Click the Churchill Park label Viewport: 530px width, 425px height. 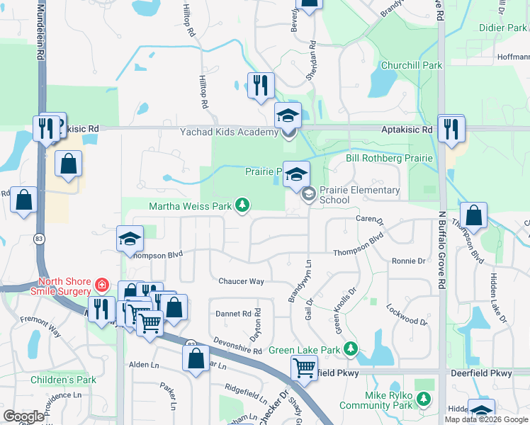411,65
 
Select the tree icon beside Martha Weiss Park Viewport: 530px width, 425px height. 242,205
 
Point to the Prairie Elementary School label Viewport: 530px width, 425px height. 354,195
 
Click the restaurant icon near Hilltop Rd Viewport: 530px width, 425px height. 260,86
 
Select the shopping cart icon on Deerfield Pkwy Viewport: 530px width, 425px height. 304,367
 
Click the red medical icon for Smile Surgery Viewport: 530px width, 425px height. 102,285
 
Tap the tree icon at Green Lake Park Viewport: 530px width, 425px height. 350,348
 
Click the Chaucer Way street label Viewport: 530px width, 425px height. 241,281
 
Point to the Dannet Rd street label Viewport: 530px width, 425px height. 232,313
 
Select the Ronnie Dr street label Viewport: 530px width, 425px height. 408,261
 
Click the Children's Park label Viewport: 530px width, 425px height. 63,380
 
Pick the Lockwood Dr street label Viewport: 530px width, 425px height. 407,315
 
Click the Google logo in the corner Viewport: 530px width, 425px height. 23,416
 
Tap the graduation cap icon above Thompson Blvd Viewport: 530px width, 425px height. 130,239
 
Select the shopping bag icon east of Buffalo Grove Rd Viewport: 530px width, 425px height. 473,215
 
